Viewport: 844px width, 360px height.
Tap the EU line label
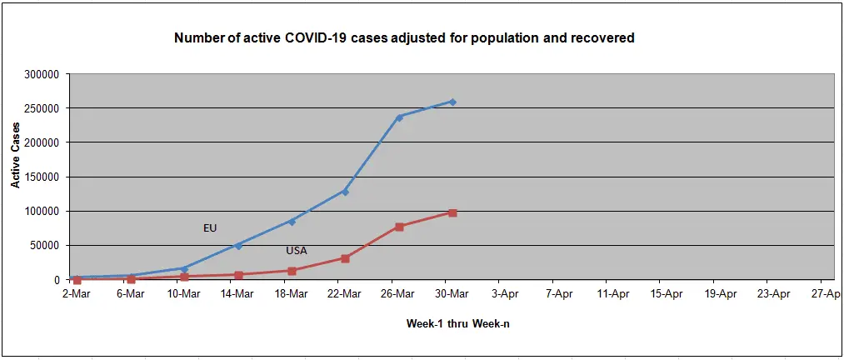210,227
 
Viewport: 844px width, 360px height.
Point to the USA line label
297,250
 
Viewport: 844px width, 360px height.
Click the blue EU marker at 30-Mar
452,102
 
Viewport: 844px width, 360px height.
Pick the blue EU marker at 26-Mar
399,117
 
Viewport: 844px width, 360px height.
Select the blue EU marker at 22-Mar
345,192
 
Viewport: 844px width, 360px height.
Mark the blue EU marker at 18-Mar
292,221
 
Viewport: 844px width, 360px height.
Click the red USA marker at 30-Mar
452,212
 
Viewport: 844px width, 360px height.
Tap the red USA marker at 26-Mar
399,227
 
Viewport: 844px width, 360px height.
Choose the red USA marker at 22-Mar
345,258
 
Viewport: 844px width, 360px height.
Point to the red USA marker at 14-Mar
238,275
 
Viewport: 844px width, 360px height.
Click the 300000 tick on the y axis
40,74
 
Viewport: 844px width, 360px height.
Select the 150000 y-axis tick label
40,177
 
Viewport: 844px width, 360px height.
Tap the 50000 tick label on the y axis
43,245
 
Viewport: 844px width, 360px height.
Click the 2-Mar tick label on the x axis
77,293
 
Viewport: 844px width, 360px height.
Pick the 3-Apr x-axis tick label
506,293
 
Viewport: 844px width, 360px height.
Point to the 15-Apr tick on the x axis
667,293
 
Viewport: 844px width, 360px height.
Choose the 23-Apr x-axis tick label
774,293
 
